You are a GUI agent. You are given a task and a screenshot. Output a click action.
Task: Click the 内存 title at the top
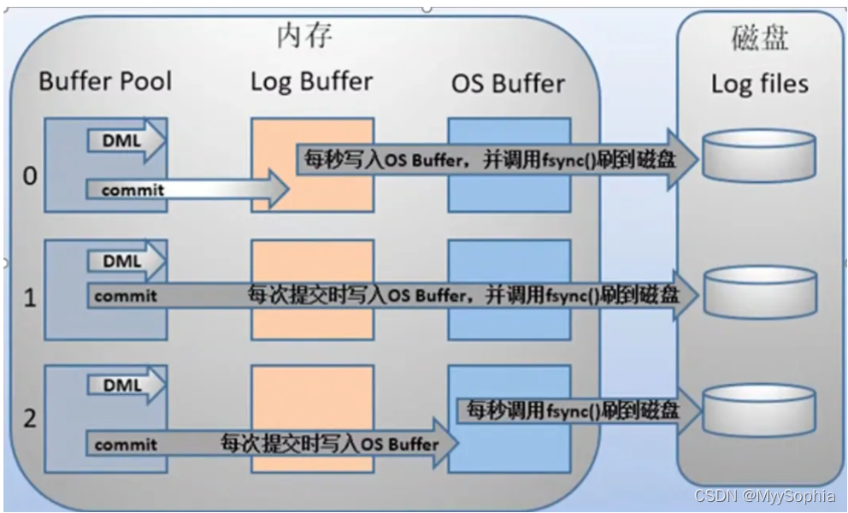[x=303, y=36]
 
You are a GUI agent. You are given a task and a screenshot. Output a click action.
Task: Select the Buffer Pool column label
[x=105, y=81]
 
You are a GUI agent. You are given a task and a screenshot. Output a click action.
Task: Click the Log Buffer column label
[x=311, y=81]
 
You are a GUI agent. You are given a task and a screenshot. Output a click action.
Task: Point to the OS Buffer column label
[x=508, y=84]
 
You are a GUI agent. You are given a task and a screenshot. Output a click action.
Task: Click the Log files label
[x=759, y=84]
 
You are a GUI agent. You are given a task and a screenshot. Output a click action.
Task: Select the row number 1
[x=31, y=300]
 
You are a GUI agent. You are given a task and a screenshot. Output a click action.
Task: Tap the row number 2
[x=31, y=420]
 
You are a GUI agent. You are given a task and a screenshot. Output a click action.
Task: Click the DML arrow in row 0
[x=125, y=139]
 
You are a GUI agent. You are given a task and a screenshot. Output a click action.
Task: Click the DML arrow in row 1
[x=125, y=261]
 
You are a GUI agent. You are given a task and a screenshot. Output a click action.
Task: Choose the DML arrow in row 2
[x=125, y=386]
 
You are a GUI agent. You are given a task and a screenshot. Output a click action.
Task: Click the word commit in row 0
[x=132, y=190]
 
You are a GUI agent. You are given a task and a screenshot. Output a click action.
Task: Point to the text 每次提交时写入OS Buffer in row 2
[x=329, y=444]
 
